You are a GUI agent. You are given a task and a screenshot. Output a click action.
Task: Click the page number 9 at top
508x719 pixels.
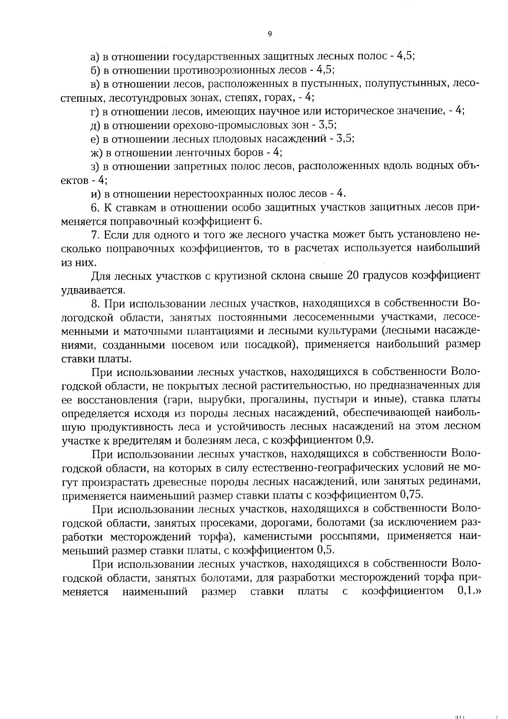click(x=270, y=35)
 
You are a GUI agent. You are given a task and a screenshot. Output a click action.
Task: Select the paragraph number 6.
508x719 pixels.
click(x=95, y=208)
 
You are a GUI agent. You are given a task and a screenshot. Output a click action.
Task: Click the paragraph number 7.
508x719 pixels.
click(x=95, y=235)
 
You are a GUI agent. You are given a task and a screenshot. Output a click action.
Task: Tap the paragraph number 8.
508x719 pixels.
click(x=95, y=304)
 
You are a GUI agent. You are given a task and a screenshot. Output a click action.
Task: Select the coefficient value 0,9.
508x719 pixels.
click(x=364, y=440)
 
